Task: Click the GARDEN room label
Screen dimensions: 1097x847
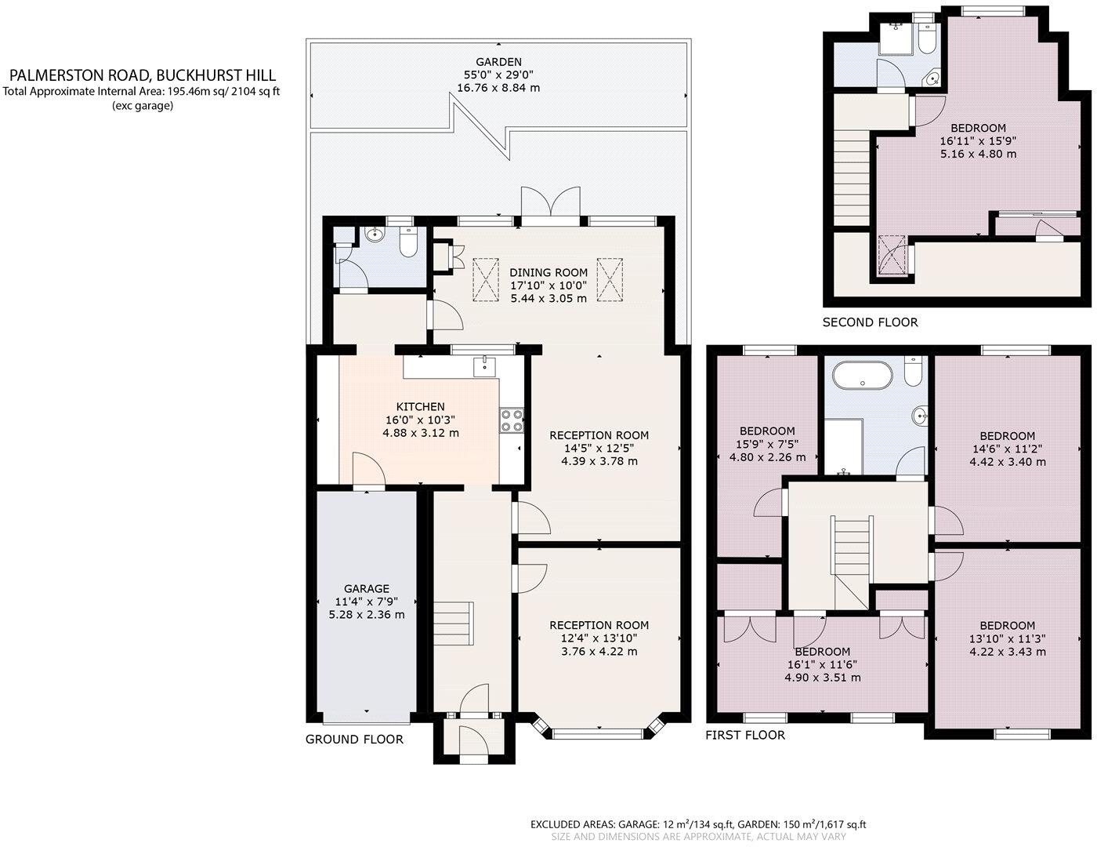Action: pyautogui.click(x=498, y=62)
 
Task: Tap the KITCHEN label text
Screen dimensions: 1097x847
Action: pyautogui.click(x=421, y=406)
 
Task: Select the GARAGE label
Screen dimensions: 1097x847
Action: pyautogui.click(x=367, y=588)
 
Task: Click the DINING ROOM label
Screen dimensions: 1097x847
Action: pyautogui.click(x=548, y=272)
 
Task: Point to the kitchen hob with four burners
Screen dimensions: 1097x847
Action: pyautogui.click(x=512, y=420)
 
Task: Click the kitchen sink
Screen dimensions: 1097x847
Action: pyautogui.click(x=484, y=365)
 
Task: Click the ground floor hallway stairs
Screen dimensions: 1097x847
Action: pyautogui.click(x=454, y=623)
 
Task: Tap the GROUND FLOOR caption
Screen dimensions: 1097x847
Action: pyautogui.click(x=354, y=740)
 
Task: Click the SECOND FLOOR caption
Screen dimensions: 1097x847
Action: pyautogui.click(x=871, y=322)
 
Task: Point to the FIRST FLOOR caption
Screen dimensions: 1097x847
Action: pyautogui.click(x=745, y=735)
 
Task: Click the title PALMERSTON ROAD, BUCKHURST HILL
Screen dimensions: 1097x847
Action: pyautogui.click(x=143, y=75)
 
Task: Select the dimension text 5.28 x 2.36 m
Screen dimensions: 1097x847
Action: pyautogui.click(x=367, y=615)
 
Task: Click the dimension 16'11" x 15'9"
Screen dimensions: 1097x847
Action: pyautogui.click(x=979, y=141)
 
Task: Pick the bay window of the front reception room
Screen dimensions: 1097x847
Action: pyautogui.click(x=599, y=729)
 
